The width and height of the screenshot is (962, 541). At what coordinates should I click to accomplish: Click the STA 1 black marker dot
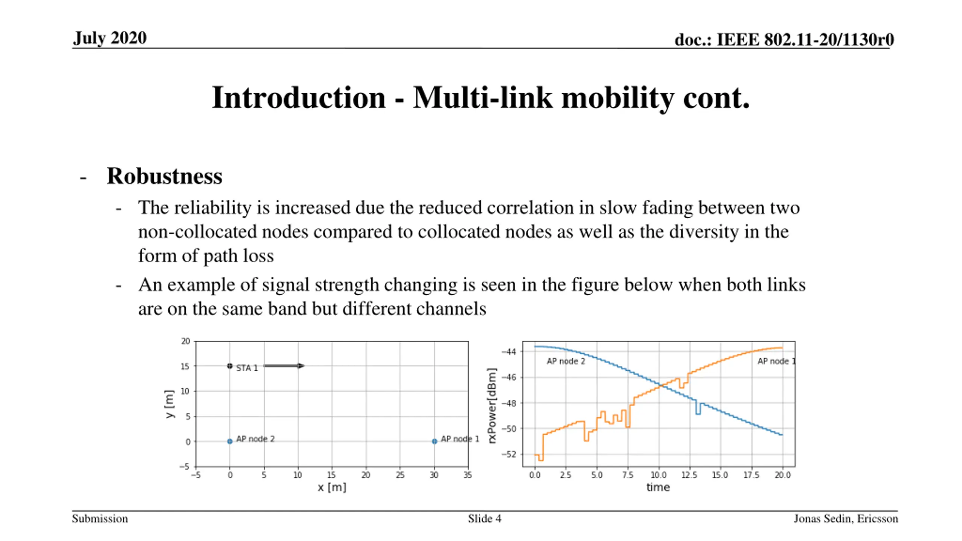230,366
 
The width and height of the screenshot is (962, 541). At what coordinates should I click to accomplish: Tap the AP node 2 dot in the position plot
230,441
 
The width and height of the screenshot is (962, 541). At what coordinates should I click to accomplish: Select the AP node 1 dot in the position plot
434,441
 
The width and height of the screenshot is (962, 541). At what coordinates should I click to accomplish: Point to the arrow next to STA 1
284,366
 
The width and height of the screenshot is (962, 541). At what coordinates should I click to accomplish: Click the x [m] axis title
332,487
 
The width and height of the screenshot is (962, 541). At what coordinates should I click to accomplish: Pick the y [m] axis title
169,404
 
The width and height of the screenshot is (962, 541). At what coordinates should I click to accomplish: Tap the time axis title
658,487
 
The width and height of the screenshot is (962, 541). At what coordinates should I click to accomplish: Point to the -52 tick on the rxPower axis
509,454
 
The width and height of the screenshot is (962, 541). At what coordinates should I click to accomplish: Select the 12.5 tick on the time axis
689,475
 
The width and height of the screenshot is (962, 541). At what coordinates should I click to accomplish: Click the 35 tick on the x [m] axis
467,475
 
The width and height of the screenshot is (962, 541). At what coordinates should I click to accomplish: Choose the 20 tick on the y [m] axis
186,341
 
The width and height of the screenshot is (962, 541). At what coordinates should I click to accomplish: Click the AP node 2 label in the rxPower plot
566,361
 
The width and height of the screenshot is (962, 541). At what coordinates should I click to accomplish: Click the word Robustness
165,176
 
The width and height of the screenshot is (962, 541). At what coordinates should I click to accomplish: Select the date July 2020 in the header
110,38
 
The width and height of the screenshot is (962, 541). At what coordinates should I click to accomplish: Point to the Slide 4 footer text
484,518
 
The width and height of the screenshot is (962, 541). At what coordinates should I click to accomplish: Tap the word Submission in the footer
100,518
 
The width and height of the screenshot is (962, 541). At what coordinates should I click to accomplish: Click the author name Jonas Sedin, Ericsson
846,518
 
